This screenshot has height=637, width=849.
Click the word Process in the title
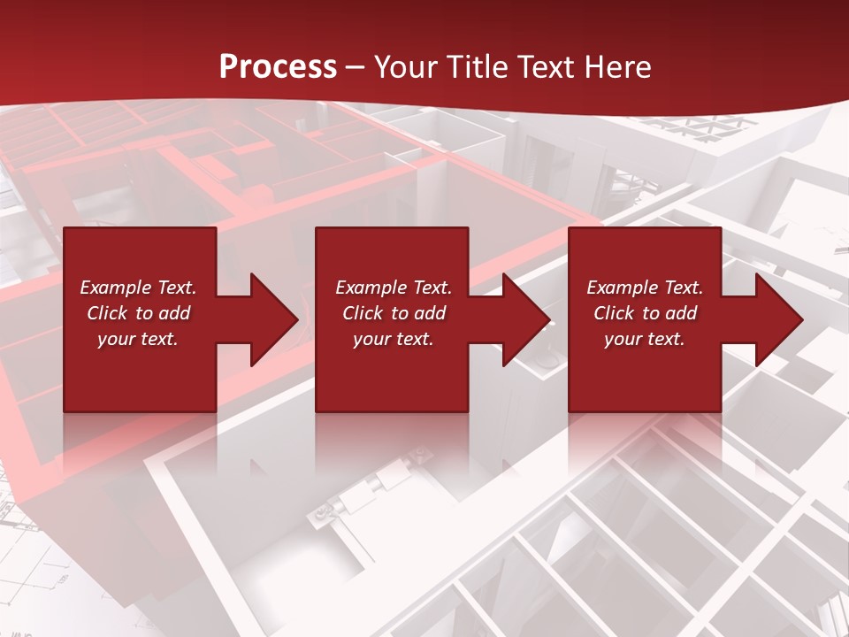pos(278,67)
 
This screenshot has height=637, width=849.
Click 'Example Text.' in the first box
pos(138,288)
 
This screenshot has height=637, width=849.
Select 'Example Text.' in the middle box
pos(394,288)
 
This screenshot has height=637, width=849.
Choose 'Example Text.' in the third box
pos(645,288)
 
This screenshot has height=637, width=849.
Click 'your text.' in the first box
pos(138,339)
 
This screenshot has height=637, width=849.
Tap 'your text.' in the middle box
pos(394,339)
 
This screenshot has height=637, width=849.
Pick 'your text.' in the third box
pos(645,339)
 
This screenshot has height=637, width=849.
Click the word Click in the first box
pos(108,313)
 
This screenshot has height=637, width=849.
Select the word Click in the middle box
pos(363,313)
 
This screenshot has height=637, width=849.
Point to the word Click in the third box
pos(615,313)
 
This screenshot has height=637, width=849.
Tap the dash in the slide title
pos(356,67)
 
